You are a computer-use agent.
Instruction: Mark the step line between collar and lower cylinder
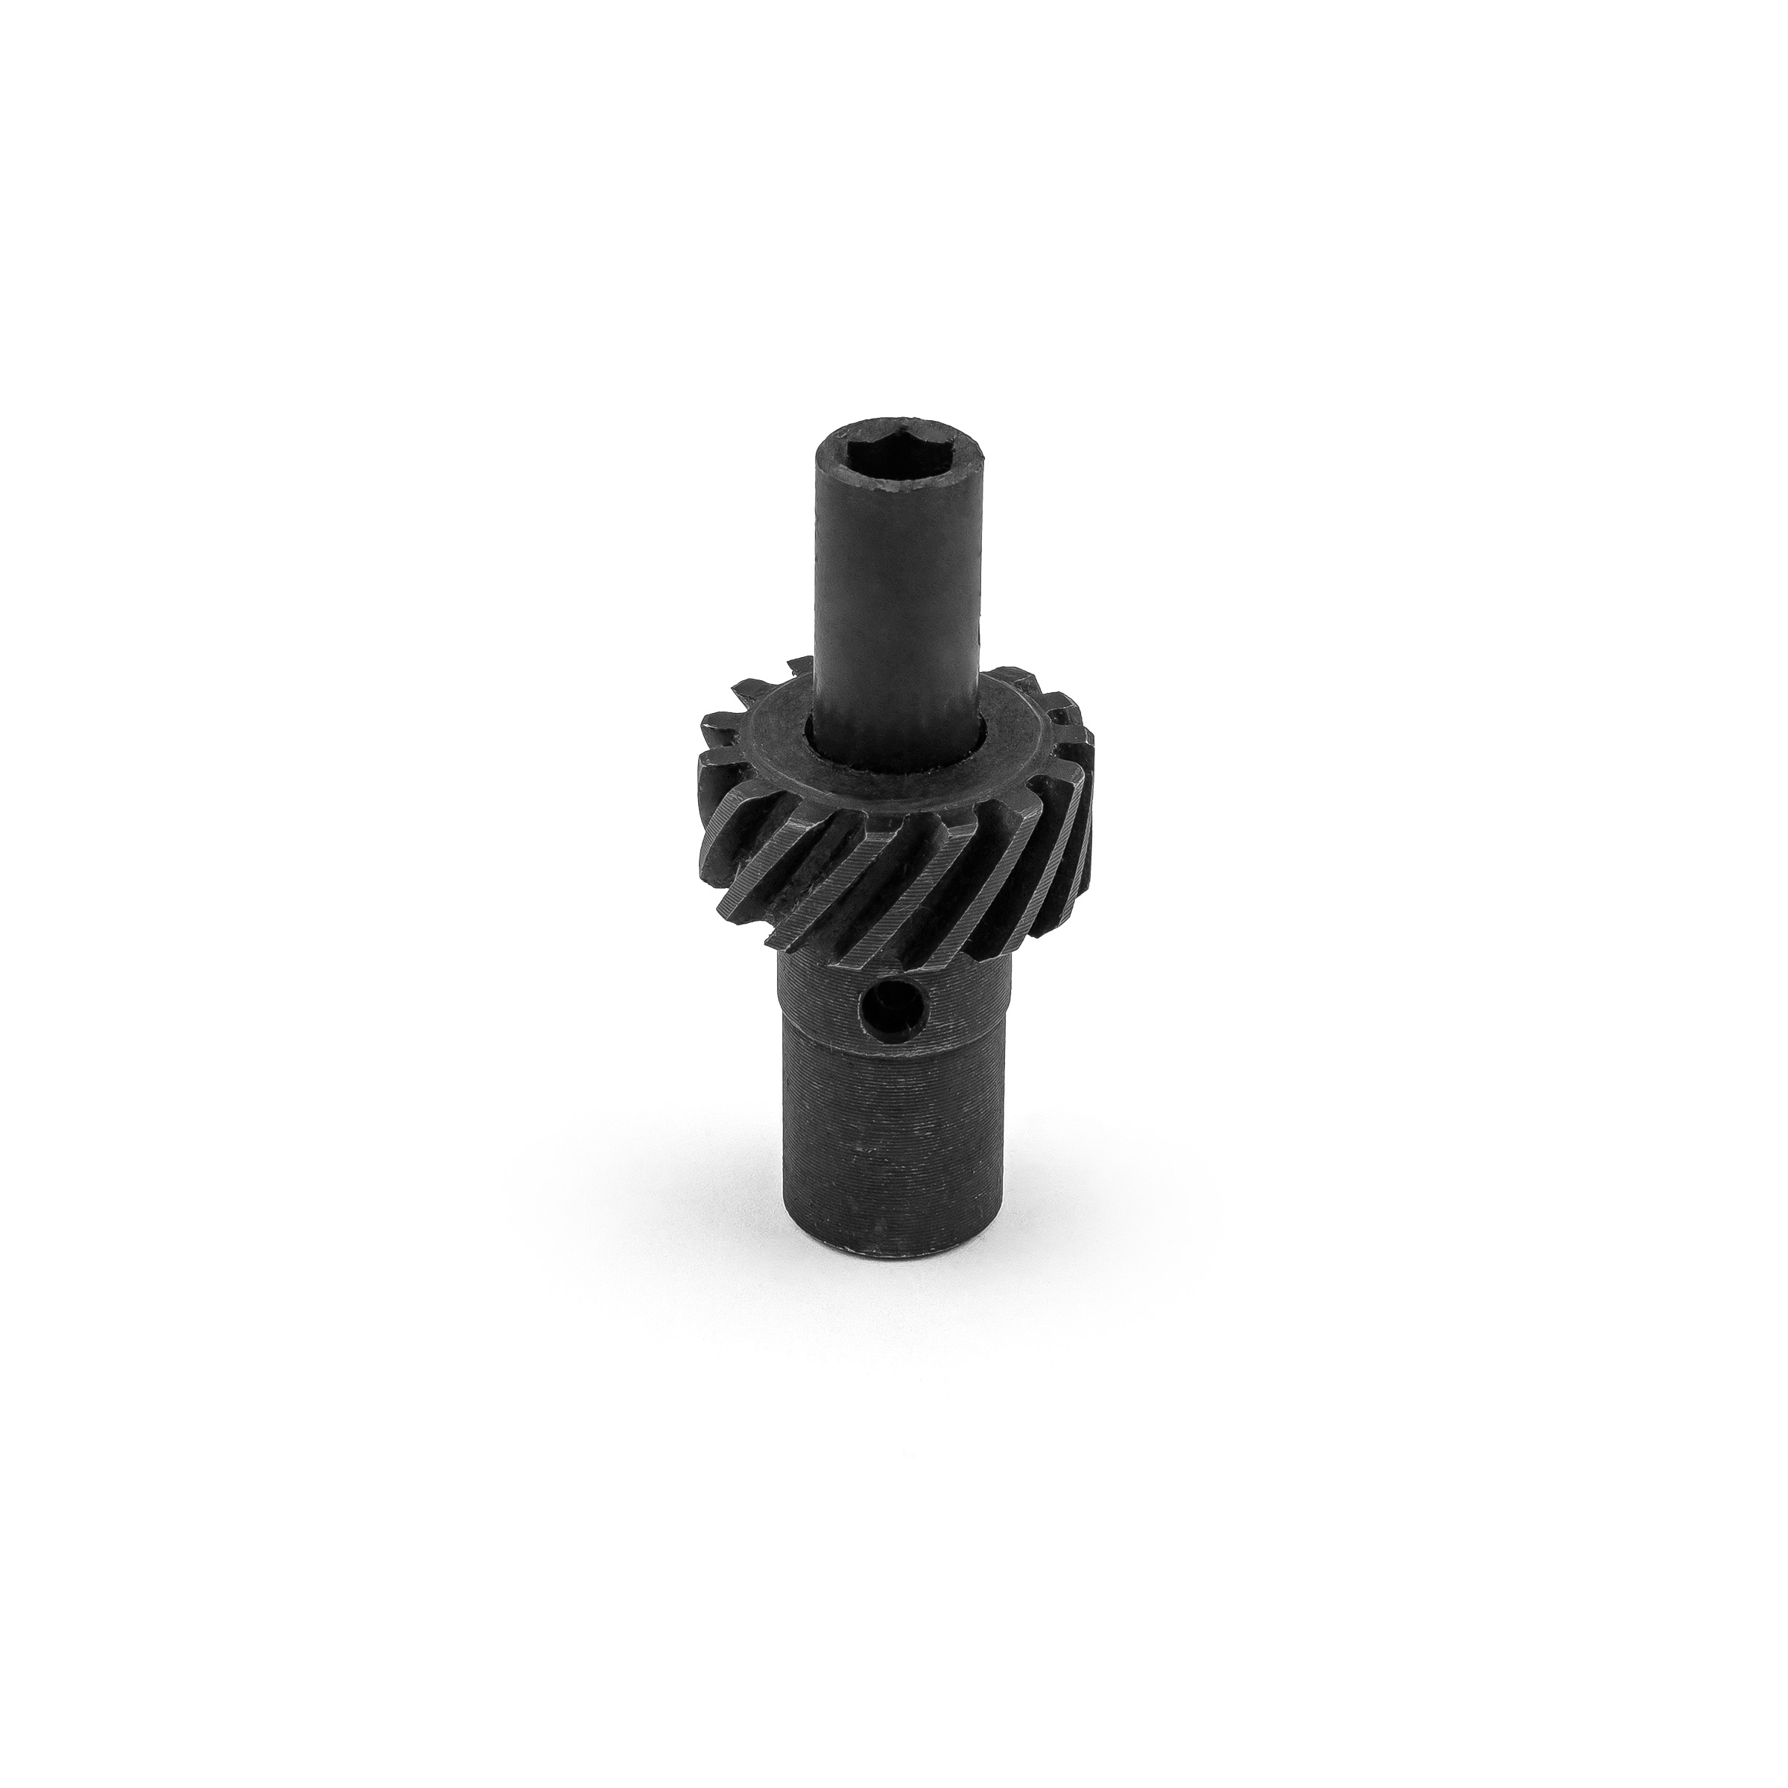click(893, 1044)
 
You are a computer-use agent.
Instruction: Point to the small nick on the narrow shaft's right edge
click(974, 638)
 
